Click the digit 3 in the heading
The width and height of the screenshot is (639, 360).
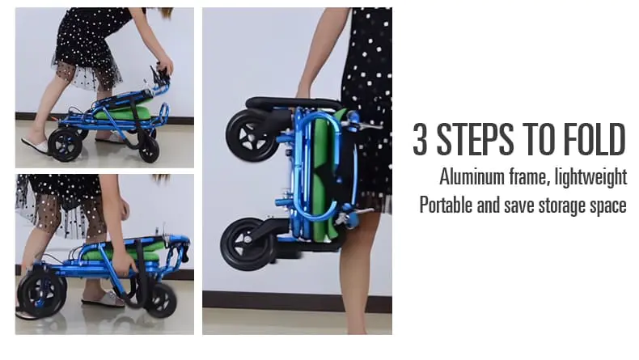coord(421,140)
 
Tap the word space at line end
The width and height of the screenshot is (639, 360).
coord(606,206)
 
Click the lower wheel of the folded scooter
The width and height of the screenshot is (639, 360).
coord(245,244)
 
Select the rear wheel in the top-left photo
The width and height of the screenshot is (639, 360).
coord(66,144)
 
